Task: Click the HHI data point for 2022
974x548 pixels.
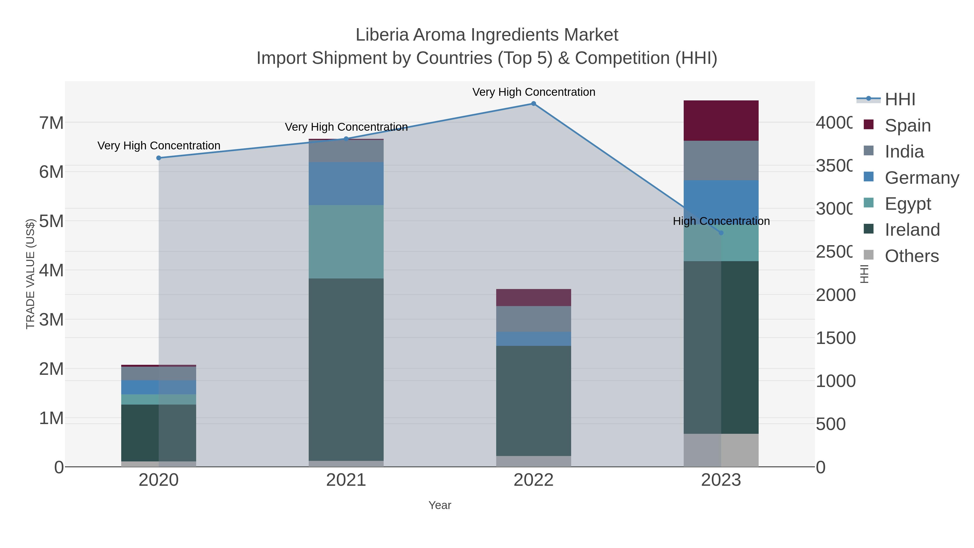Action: pos(533,104)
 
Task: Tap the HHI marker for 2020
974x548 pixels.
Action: pos(159,158)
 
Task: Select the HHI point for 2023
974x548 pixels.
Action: pos(721,233)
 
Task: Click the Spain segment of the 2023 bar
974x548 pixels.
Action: pos(721,121)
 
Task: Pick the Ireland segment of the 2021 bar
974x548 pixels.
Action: pos(346,369)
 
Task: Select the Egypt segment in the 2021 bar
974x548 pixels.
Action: pos(346,242)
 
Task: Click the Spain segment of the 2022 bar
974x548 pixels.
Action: pos(533,298)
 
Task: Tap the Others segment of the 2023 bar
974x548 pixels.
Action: pos(721,450)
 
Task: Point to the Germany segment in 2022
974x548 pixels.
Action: pos(533,339)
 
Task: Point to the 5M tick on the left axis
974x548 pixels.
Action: pos(51,221)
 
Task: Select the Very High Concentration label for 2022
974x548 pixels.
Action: pos(533,92)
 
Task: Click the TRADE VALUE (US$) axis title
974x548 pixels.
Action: pos(30,274)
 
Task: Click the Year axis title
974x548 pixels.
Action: pos(439,505)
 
